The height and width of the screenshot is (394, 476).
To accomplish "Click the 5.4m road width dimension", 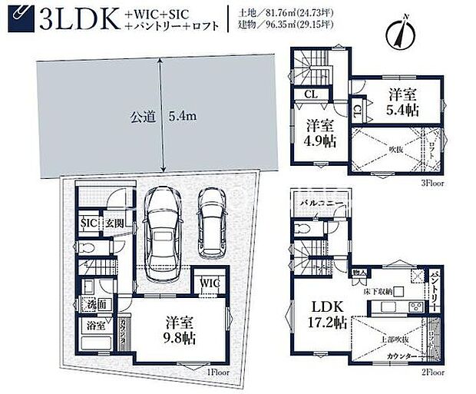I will click(184, 117).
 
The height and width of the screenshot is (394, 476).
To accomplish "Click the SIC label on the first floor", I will click(89, 223).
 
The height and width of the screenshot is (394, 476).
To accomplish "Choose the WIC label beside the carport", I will click(210, 284).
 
